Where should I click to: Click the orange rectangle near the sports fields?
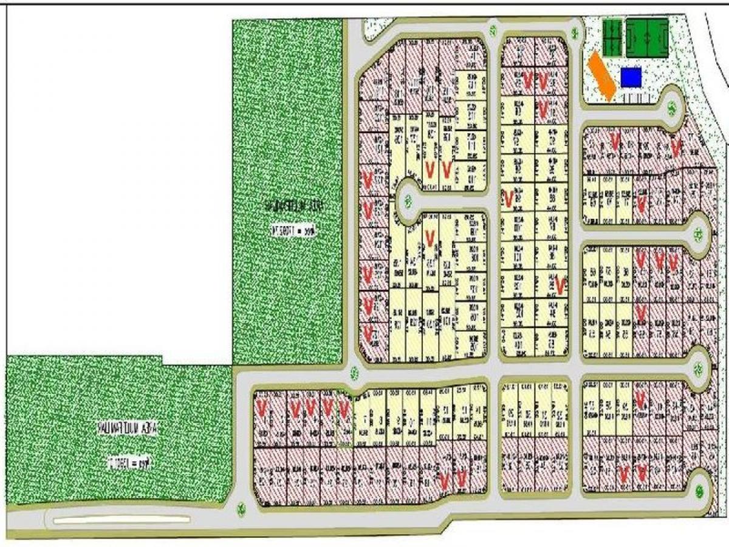[602, 76]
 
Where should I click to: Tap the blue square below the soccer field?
[631, 77]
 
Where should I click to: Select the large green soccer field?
[647, 38]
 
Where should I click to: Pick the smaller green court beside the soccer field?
[612, 38]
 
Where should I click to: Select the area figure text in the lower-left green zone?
[129, 462]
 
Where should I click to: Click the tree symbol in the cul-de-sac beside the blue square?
[672, 109]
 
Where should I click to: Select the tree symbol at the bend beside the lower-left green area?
[242, 507]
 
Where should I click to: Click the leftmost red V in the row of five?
[262, 407]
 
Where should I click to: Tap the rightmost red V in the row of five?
[344, 407]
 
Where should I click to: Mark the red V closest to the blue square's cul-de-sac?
[676, 146]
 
